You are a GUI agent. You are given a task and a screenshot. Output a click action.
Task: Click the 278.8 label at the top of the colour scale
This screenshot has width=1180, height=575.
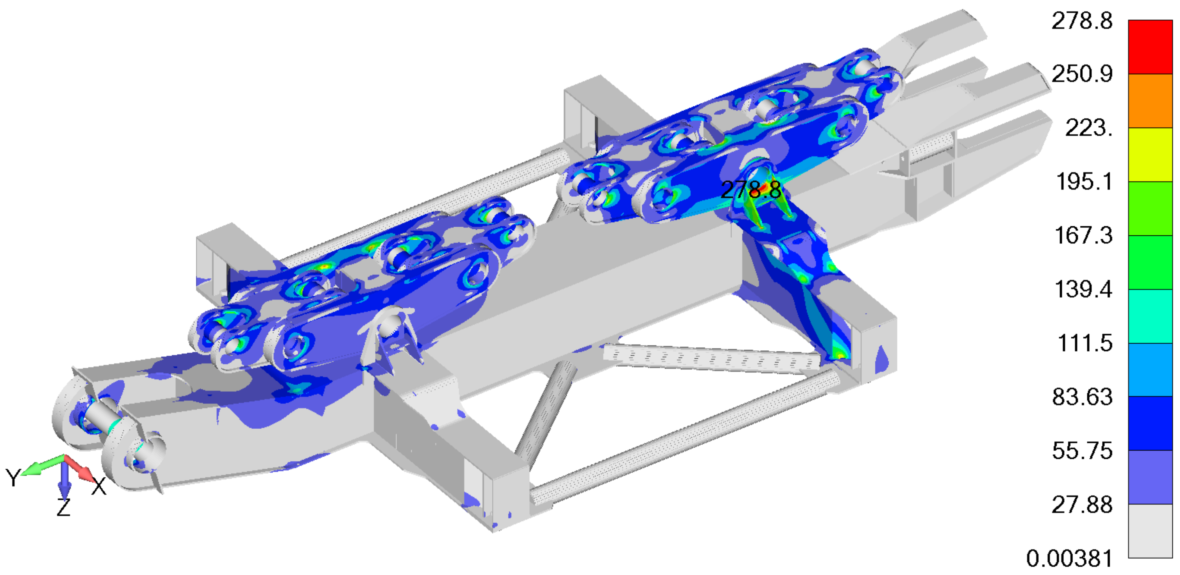pos(1082,21)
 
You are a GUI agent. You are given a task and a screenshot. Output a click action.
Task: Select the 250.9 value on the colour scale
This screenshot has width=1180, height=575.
pos(1082,74)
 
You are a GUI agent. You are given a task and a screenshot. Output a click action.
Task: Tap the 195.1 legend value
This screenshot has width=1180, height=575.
pos(1084,182)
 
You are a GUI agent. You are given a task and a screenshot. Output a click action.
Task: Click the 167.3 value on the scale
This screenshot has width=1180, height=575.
pos(1084,235)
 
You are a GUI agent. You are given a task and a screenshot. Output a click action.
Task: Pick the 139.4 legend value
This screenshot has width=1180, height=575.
pos(1084,289)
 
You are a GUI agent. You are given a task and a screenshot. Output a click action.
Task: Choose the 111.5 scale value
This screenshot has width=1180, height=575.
pos(1085,343)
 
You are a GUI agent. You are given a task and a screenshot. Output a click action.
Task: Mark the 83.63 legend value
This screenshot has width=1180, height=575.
pos(1082,397)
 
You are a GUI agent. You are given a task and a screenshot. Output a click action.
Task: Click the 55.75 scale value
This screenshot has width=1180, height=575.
pos(1082,451)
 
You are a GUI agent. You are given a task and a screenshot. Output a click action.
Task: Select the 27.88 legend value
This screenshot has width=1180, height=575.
pos(1082,505)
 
